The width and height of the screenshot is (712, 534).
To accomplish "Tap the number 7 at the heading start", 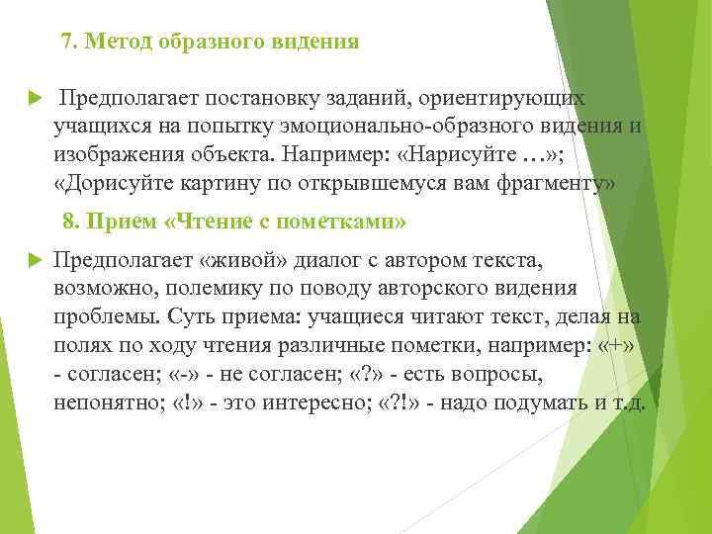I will tap(66, 43).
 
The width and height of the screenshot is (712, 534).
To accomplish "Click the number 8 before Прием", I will tap(68, 220).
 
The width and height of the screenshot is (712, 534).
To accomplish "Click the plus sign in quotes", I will tap(624, 347).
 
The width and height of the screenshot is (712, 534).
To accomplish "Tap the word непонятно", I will tap(104, 404).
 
